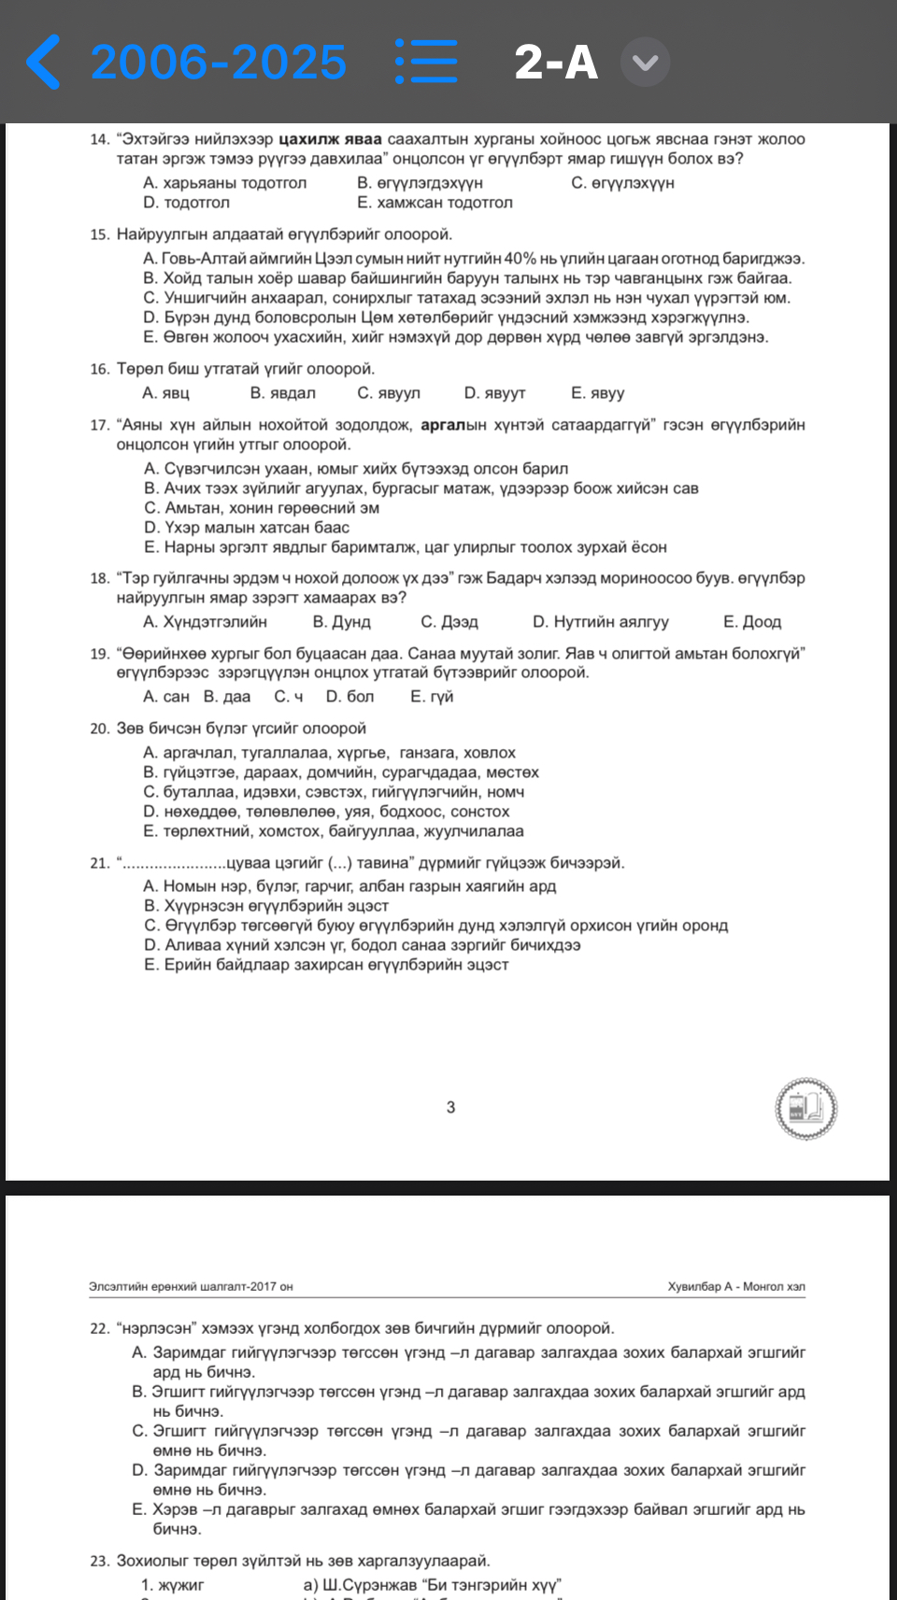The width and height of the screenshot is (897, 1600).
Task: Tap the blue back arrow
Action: tap(43, 62)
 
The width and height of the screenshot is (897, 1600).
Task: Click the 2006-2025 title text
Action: tap(219, 63)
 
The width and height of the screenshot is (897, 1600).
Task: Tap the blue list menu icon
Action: tap(426, 62)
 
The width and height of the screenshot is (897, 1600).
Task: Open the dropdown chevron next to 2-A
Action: tap(645, 63)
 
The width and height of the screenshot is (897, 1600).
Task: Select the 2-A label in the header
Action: tap(556, 63)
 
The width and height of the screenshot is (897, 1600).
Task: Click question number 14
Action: tap(99, 139)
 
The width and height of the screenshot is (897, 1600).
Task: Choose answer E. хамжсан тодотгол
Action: tap(434, 203)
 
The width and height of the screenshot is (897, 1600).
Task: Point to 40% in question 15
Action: tap(520, 258)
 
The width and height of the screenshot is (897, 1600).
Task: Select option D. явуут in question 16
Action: tap(494, 393)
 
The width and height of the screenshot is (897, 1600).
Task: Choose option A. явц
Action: tap(165, 393)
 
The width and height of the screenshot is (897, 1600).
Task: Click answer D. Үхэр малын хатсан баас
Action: tap(247, 527)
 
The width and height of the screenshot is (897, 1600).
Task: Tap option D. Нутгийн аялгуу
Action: tap(600, 622)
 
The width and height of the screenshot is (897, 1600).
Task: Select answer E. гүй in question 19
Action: tap(432, 697)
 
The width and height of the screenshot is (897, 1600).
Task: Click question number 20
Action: tap(99, 729)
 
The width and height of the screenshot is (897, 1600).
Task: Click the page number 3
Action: tap(450, 1107)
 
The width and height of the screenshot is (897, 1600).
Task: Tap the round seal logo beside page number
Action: tap(805, 1109)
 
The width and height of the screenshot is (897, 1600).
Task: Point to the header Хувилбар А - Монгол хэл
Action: tap(735, 1286)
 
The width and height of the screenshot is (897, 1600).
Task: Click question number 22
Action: tap(99, 1328)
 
